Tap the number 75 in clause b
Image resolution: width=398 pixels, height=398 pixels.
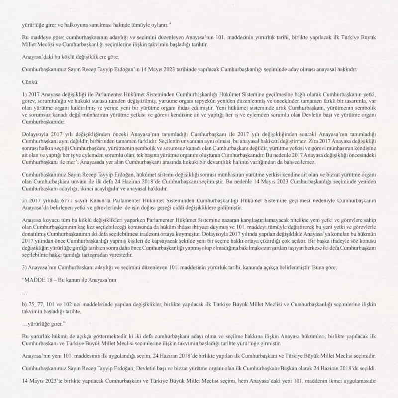click(33, 303)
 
